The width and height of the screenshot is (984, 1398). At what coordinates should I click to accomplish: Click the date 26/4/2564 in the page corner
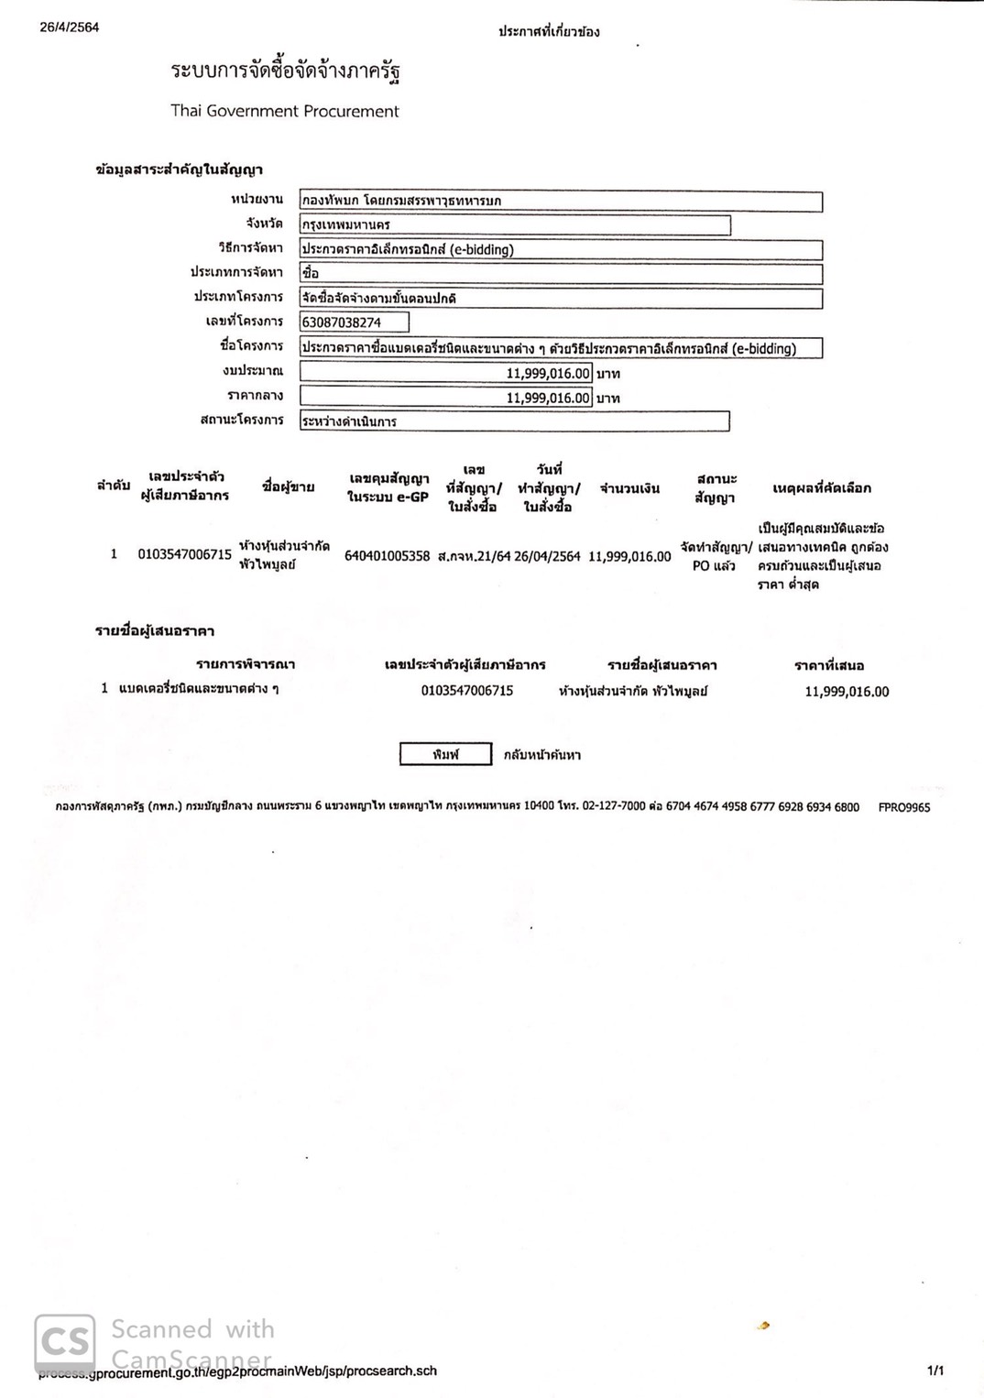pos(70,27)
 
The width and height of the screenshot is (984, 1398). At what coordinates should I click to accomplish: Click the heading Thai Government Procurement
pos(285,111)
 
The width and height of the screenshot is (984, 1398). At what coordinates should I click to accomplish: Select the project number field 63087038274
pos(354,322)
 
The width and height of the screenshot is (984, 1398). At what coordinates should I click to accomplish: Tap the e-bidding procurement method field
pos(560,249)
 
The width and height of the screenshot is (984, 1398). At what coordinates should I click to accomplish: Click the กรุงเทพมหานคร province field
pos(514,224)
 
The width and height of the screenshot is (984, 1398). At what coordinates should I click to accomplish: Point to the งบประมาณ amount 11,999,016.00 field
pos(446,373)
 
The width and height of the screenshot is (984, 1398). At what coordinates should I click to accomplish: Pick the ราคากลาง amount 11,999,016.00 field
pos(446,398)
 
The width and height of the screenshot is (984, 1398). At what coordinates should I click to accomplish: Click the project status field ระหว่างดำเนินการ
pos(514,421)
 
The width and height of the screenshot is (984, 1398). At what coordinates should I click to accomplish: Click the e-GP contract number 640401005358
pos(387,555)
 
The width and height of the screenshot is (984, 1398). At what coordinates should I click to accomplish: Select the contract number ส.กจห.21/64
pos(474,556)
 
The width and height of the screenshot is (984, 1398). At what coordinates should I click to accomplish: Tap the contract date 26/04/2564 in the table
pos(547,556)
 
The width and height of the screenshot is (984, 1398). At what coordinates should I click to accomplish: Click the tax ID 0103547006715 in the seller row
pos(184,554)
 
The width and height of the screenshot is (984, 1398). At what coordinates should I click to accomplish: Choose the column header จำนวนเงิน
pos(629,488)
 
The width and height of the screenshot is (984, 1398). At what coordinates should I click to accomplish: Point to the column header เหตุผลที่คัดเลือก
pos(821,488)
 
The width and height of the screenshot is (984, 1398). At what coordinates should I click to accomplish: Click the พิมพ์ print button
pos(445,754)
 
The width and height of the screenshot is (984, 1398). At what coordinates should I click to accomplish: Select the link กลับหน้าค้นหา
pos(541,755)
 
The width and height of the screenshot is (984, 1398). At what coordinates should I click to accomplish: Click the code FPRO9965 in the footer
pos(903,807)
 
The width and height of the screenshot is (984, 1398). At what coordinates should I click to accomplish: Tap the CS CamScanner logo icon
pos(64,1343)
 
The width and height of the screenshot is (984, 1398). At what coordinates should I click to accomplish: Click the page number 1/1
pos(935,1371)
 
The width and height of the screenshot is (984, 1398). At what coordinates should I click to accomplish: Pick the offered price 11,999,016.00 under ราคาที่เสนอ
pos(847,692)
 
